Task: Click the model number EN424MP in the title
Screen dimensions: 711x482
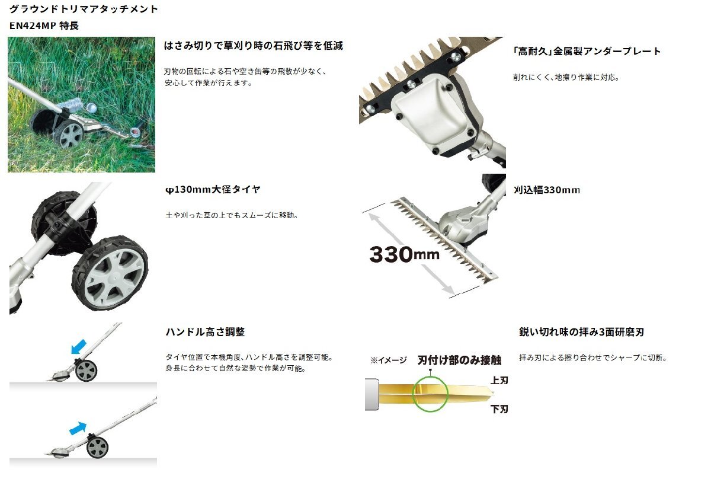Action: pos(33,25)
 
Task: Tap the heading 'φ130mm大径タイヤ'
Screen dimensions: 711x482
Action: pos(213,190)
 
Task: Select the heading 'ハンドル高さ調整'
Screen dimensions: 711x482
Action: pos(206,332)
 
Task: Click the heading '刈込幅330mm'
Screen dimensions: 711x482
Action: pos(546,190)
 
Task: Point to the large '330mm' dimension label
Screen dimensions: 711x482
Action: pos(404,254)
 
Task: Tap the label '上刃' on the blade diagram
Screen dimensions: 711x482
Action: pos(499,381)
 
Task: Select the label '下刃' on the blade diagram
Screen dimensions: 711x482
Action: pos(499,409)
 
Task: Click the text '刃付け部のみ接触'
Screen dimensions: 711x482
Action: pos(459,360)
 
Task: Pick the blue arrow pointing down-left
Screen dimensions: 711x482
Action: pos(78,347)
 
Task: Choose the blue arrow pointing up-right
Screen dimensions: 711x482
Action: pos(78,429)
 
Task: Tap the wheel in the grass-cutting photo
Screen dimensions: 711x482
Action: pos(69,135)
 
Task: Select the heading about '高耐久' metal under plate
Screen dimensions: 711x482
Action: pos(587,52)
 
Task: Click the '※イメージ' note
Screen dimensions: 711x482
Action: pos(388,360)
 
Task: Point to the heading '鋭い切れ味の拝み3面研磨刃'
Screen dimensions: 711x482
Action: pos(581,332)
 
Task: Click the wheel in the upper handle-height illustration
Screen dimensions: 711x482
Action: pos(86,371)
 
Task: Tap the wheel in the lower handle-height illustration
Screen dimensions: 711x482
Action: pos(97,448)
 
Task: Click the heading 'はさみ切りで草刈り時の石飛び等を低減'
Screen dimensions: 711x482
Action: pos(254,46)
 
